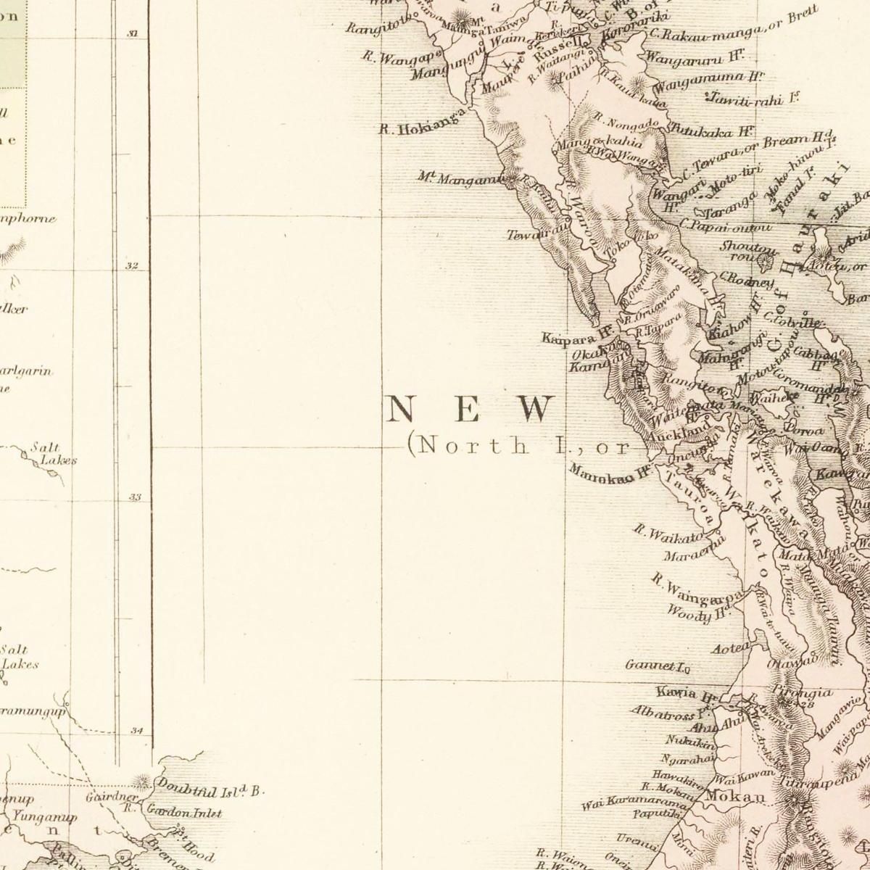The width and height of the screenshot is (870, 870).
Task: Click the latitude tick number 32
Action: (x=131, y=266)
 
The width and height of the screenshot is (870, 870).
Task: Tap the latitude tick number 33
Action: (x=134, y=497)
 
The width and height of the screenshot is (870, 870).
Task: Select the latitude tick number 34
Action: (x=136, y=731)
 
